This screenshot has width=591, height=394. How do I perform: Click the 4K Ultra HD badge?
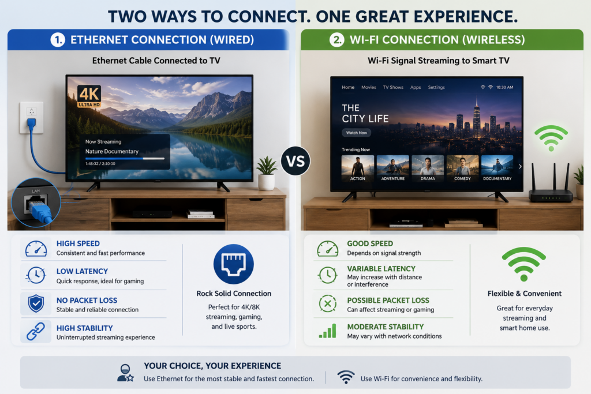coord(89,96)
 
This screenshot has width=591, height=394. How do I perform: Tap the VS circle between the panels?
coord(295,161)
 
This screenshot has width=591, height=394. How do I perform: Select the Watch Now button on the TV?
coord(357,133)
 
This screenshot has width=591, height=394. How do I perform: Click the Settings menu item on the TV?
coord(436,87)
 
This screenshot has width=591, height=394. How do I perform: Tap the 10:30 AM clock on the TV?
coord(504,87)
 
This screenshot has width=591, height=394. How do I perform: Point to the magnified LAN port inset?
coord(36,202)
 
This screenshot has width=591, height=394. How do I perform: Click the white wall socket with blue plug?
coord(31,118)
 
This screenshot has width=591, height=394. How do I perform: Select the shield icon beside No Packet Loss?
coord(36,303)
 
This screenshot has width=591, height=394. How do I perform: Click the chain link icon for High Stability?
coord(36,332)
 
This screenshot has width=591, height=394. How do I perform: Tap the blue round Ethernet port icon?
coord(234,264)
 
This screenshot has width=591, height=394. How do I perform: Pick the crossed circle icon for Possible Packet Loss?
coord(328,303)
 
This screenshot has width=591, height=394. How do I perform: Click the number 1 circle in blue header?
coord(58,40)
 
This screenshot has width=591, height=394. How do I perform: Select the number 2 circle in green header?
coord(336,40)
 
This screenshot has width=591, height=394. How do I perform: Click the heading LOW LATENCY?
coord(82,271)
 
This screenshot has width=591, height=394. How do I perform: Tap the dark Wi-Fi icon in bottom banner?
coord(346,377)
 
